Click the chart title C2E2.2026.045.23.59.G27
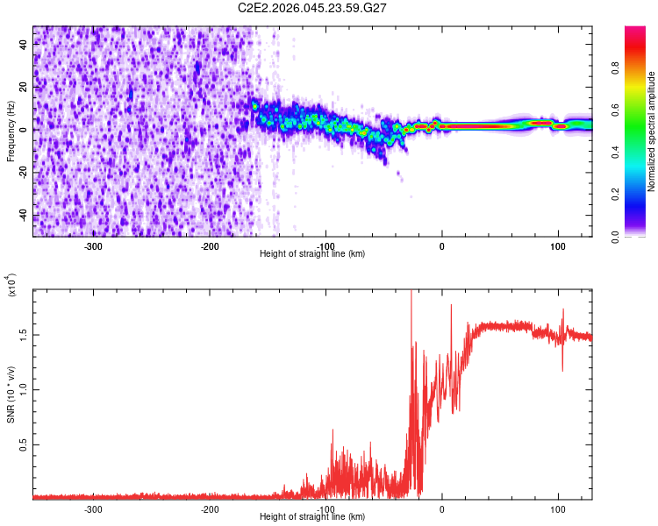click(313, 8)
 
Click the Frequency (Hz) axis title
click(11, 131)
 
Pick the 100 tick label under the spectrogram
click(558, 245)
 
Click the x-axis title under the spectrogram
click(313, 254)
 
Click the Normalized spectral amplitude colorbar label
click(652, 131)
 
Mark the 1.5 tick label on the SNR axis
click(24, 334)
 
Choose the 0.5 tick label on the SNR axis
click(24, 445)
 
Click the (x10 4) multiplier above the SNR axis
click(11, 285)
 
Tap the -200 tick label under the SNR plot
click(209, 508)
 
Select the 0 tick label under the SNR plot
click(442, 508)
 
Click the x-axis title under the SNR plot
click(313, 517)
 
